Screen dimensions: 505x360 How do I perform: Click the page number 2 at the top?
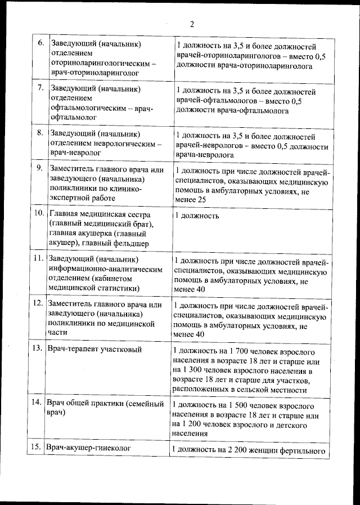pyautogui.click(x=192, y=24)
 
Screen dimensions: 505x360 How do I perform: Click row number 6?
pyautogui.click(x=40, y=44)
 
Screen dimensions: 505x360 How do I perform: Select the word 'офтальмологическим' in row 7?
pyautogui.click(x=84, y=109)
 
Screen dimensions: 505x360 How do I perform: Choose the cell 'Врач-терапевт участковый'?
pyautogui.click(x=94, y=349)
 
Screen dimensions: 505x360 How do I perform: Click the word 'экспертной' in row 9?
pyautogui.click(x=71, y=198)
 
